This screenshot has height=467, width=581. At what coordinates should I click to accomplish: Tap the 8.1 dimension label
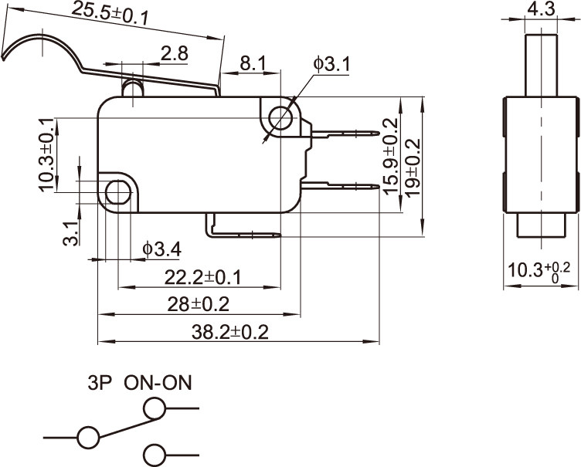tap(253, 63)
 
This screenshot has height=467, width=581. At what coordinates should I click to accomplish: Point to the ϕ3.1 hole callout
tap(331, 63)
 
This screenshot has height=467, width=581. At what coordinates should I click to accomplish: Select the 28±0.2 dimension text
tap(198, 303)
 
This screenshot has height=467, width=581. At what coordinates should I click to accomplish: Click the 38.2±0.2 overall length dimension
tap(229, 331)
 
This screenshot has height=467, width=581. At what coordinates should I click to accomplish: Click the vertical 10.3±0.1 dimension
tap(46, 154)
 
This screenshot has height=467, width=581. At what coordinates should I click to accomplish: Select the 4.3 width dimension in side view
tap(540, 9)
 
